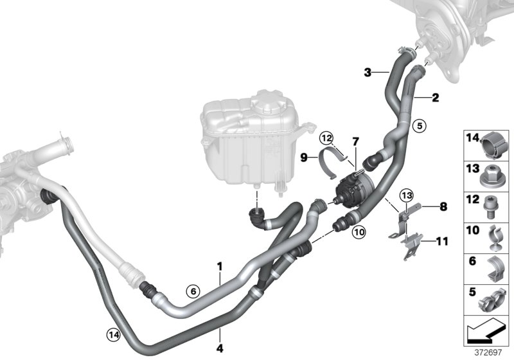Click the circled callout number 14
[x=113, y=333]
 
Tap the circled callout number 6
[x=191, y=291]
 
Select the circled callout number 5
[x=419, y=126]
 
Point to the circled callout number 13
[x=406, y=195]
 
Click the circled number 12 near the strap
[x=326, y=137]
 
